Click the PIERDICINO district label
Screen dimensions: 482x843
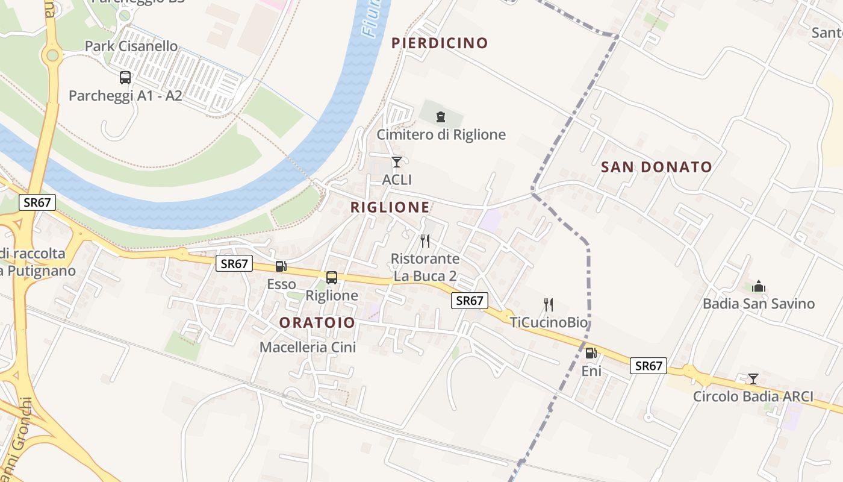click(439, 43)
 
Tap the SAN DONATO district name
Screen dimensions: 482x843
click(656, 167)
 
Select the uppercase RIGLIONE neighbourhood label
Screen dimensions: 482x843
click(390, 207)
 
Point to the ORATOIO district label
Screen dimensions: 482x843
click(317, 323)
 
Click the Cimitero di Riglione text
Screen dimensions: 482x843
click(441, 134)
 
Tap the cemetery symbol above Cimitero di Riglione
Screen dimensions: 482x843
click(441, 116)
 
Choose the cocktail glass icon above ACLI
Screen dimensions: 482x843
click(396, 161)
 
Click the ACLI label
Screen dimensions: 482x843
click(397, 180)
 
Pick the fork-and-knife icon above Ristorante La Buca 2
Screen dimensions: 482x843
click(425, 241)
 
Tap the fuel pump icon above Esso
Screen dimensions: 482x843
click(281, 266)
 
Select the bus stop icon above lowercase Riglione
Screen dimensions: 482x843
click(332, 278)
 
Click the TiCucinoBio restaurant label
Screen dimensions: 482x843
click(548, 322)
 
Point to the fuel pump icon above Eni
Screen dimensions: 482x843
click(591, 354)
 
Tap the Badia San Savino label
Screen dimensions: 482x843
click(758, 304)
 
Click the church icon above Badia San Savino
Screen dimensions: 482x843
click(759, 286)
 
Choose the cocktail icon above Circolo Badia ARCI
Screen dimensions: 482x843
click(753, 379)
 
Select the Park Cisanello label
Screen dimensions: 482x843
click(131, 46)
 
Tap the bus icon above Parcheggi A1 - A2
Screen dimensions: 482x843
click(125, 78)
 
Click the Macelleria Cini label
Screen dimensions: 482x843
click(308, 347)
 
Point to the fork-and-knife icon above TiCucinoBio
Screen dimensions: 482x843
click(548, 305)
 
